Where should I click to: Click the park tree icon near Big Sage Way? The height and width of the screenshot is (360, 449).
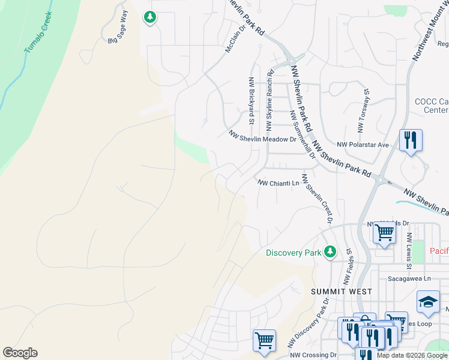tap(150, 18)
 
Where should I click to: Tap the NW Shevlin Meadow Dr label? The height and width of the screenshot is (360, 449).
tap(262, 137)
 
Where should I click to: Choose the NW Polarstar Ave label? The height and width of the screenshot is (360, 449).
tap(363, 145)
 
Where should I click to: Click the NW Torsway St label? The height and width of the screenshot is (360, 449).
tap(363, 110)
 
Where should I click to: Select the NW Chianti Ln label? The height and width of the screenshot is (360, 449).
tap(278, 182)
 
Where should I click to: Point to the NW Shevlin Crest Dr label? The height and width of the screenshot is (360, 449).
tap(317, 198)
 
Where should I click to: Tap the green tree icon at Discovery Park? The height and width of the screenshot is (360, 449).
tap(330, 251)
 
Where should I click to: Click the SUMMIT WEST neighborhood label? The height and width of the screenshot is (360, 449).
tap(341, 291)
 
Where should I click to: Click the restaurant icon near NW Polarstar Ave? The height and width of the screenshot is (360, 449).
tap(411, 140)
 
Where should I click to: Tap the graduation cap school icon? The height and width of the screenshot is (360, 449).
tap(428, 302)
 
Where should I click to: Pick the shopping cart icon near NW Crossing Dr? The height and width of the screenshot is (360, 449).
tap(264, 341)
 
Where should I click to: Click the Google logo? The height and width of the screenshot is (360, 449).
tap(20, 353)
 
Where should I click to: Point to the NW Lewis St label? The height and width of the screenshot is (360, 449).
tap(409, 250)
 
